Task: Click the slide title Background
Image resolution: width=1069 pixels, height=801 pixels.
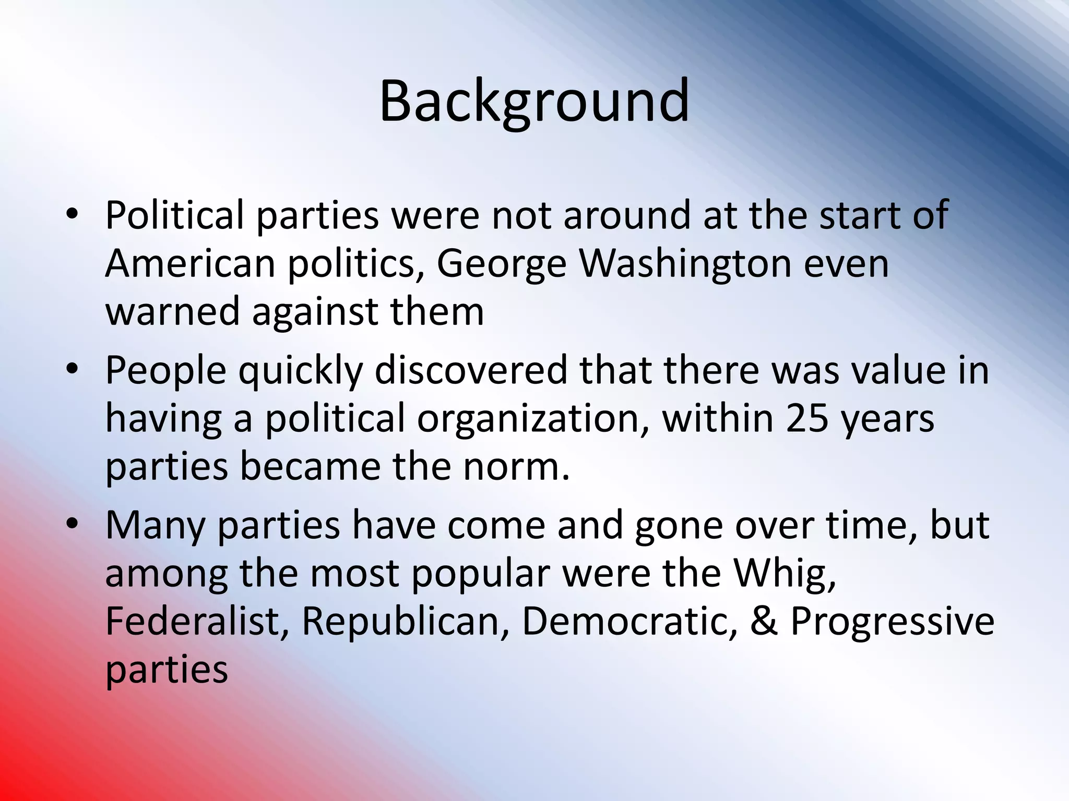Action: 534,102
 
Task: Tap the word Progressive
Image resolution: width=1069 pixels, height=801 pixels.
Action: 892,622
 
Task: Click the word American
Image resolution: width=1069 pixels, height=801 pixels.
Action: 190,264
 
